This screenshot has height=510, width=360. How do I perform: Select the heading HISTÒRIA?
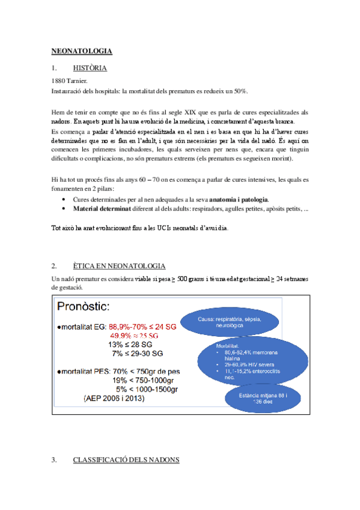[x=90, y=68]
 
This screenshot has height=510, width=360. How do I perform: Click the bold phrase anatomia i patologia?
[x=235, y=199]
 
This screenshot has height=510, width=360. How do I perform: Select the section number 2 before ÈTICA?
[x=54, y=266]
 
